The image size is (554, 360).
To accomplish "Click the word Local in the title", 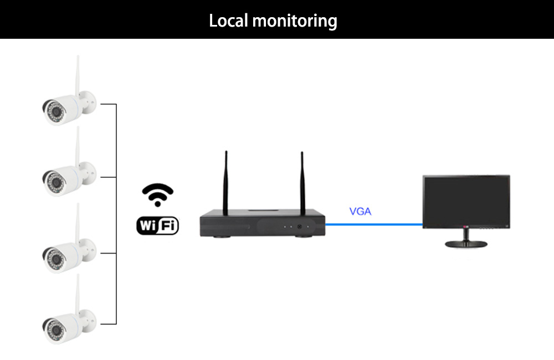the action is (x=228, y=20).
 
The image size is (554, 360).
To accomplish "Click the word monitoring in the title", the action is (x=295, y=21).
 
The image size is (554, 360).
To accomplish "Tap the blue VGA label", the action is (x=360, y=211).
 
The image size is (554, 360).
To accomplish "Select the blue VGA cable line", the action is (x=374, y=224).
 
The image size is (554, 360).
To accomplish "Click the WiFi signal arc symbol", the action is (x=157, y=194).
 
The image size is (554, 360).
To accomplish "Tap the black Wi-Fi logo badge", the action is (x=157, y=225).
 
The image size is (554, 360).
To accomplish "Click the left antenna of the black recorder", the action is (x=226, y=183).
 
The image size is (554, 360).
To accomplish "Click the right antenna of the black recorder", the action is (x=302, y=183).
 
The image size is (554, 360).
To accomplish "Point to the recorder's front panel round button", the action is (x=299, y=227).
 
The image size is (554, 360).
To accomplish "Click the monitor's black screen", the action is (x=466, y=200).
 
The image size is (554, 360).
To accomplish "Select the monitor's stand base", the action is (x=466, y=244).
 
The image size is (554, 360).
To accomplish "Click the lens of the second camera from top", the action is (x=55, y=183).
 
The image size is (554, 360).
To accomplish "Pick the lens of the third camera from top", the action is (x=55, y=260).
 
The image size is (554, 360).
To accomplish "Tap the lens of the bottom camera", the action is (x=55, y=330).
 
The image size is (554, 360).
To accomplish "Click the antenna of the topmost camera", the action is (x=78, y=75).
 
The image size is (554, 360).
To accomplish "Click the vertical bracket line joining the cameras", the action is (x=116, y=214).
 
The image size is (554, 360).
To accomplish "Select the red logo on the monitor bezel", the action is (x=466, y=227).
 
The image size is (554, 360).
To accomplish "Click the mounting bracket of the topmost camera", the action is (x=89, y=102).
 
